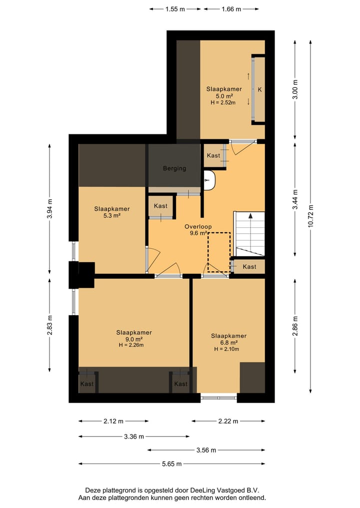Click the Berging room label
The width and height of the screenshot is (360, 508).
174,168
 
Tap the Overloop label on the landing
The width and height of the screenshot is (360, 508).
198,227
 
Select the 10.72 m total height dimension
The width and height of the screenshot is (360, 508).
310,216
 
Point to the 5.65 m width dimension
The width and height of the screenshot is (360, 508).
171,464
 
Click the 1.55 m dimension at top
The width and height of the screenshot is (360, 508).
175,9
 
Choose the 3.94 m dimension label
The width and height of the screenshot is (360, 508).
49,209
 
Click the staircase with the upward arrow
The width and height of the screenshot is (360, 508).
249,234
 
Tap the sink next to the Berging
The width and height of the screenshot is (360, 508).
209,180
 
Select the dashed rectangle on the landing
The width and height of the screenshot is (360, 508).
219,252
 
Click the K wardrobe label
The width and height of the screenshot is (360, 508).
260,90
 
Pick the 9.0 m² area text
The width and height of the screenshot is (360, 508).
134,339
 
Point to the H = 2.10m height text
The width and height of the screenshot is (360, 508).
226,349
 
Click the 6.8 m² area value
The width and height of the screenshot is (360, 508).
229,343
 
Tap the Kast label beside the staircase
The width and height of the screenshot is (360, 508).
249,267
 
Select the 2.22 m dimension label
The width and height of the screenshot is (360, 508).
228,421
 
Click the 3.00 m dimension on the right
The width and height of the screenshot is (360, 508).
295,89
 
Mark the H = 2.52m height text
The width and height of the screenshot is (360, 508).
223,103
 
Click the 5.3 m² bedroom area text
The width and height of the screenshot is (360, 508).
112,215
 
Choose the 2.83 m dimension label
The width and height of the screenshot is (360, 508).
49,325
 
